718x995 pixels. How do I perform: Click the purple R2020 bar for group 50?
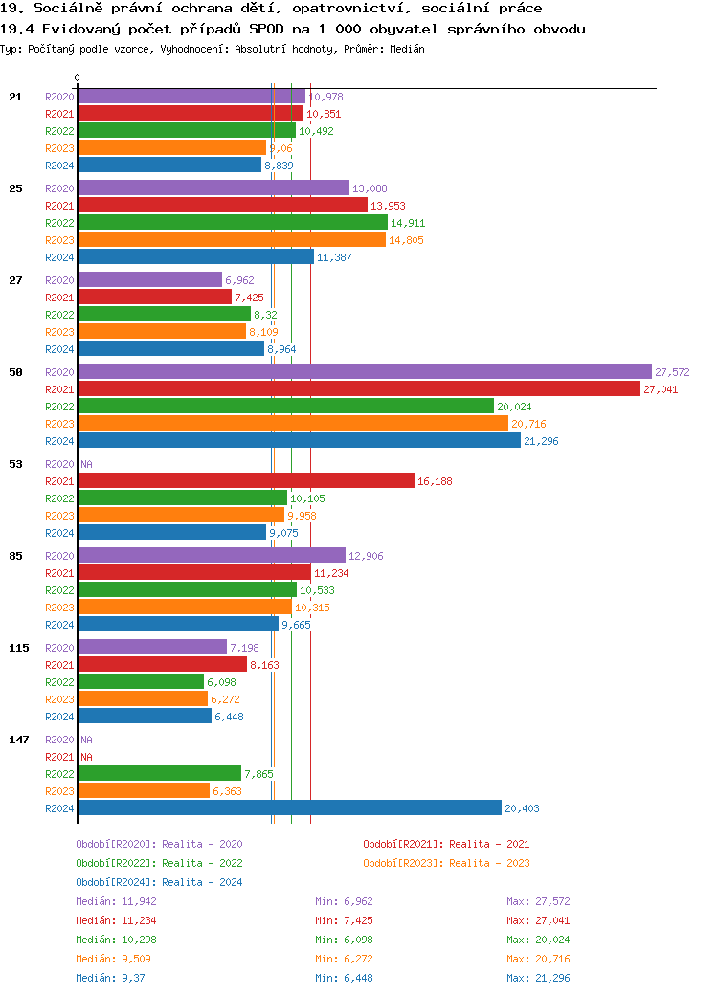click(x=364, y=372)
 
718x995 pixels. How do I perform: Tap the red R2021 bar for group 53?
click(x=245, y=481)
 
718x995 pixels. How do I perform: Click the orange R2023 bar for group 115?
click(x=143, y=699)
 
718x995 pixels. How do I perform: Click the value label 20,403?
click(x=522, y=808)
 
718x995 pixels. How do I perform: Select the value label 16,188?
click(x=435, y=481)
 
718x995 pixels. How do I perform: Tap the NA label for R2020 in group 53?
click(x=86, y=464)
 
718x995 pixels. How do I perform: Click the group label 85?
click(x=15, y=556)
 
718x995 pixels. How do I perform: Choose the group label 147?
click(x=18, y=740)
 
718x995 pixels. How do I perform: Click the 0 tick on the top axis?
click(x=77, y=77)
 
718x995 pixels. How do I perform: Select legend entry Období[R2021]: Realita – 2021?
click(x=446, y=844)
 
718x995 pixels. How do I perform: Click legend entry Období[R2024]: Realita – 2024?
click(x=159, y=882)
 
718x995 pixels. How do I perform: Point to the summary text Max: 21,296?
click(x=538, y=978)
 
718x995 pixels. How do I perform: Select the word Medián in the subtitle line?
click(x=407, y=48)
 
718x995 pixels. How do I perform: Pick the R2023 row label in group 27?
click(x=59, y=332)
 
